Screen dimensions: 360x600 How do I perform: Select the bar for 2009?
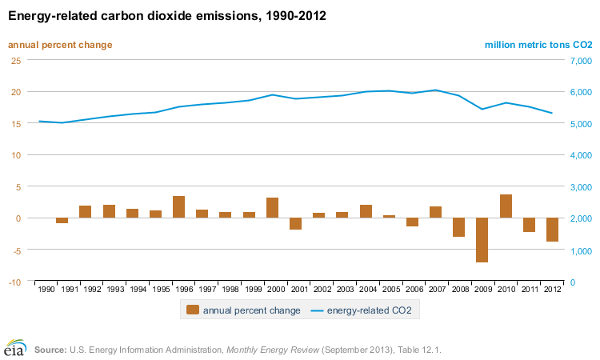pos(482,240)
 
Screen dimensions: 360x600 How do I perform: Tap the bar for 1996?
pos(179,206)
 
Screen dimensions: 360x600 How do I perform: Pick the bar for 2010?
pos(506,206)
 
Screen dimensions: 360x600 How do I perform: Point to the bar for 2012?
pos(552,230)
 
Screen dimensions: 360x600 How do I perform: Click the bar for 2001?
pos(296,224)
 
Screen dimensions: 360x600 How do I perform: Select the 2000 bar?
pos(272,207)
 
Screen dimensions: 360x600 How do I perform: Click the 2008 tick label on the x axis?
pos(458,288)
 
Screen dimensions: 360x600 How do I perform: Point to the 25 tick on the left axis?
pos(16,60)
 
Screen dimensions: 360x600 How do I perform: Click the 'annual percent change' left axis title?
pos(60,45)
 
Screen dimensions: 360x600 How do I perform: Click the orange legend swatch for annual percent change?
pos(192,310)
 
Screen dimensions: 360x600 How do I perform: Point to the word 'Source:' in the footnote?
pos(50,350)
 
